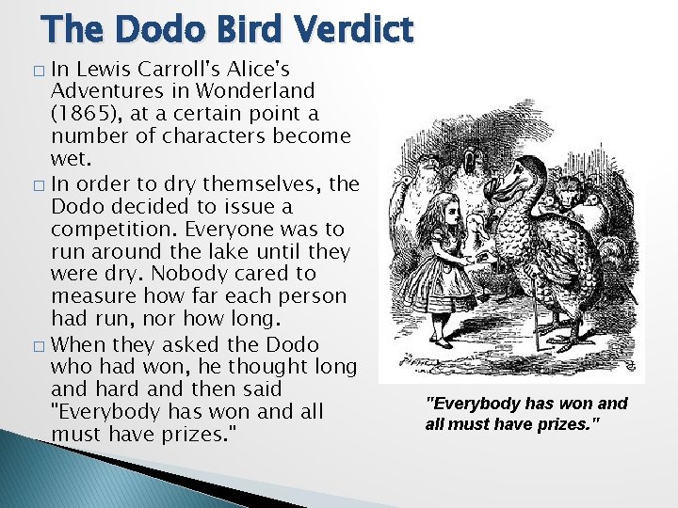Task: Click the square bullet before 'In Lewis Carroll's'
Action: (x=38, y=71)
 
